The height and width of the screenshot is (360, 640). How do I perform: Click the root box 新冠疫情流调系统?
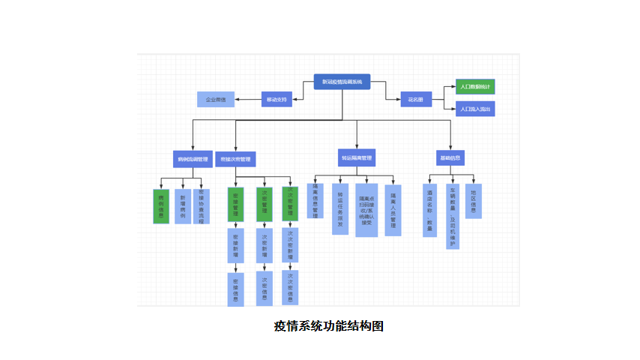tap(342, 81)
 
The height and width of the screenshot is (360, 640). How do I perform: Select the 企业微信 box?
tap(216, 99)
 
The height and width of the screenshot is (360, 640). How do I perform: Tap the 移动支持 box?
tap(277, 99)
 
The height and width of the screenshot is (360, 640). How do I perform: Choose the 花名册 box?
tap(416, 99)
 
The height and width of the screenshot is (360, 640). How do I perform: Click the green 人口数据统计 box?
tap(475, 86)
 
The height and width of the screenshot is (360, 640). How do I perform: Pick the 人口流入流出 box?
tap(475, 109)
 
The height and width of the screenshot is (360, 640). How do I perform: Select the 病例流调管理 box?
tap(193, 159)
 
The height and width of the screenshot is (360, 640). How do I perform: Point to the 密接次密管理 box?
tap(235, 159)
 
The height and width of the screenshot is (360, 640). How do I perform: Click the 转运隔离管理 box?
tap(357, 158)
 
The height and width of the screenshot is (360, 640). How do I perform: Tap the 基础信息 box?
tap(450, 157)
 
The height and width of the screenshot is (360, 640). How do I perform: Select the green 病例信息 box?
tap(161, 206)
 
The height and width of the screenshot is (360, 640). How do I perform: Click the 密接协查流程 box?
tap(202, 206)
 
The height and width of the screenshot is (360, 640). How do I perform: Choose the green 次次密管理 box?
tap(290, 203)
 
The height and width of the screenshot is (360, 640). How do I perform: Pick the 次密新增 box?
tap(264, 245)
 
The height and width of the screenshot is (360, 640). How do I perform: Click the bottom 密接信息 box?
tap(235, 289)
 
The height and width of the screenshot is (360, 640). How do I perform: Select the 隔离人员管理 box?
tap(393, 210)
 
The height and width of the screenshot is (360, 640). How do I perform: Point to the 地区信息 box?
tap(473, 201)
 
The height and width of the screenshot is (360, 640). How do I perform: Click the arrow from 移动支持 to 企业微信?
tap(248, 99)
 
